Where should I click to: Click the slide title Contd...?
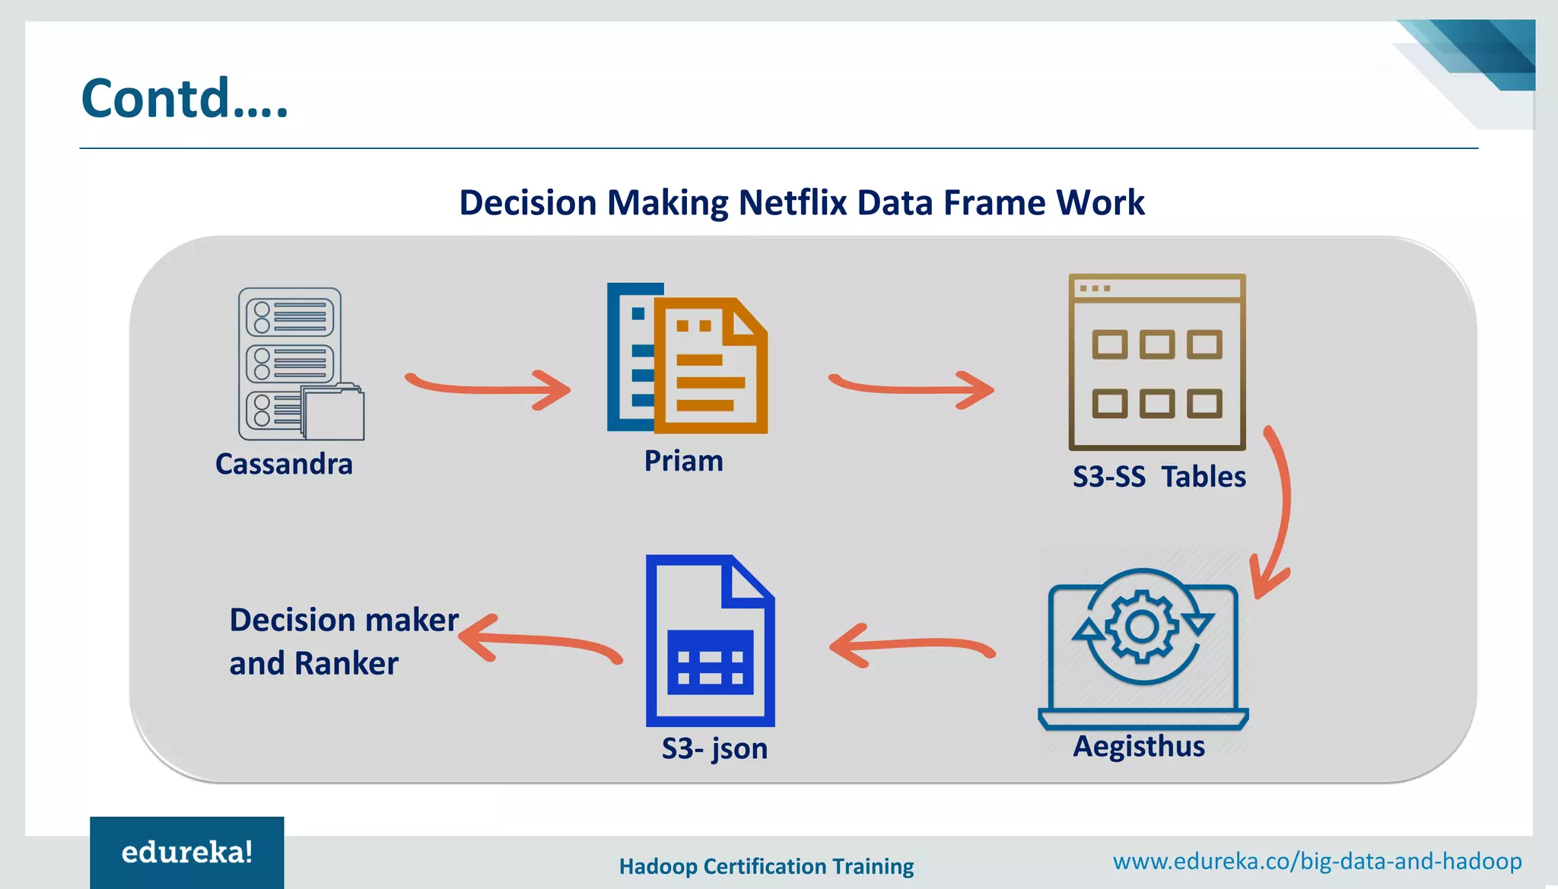(x=184, y=99)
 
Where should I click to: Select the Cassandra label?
(x=284, y=464)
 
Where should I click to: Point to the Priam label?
(x=683, y=461)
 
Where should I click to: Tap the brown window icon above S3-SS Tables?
(x=1156, y=362)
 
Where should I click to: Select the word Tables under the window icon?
(x=1203, y=477)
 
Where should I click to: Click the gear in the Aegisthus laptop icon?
(x=1142, y=627)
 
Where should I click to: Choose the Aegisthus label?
(x=1139, y=746)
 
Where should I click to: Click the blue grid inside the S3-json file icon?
(x=710, y=662)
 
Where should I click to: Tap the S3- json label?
(x=714, y=748)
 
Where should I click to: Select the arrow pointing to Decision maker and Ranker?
(x=540, y=639)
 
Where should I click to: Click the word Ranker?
(x=346, y=663)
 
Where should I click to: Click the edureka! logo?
(x=187, y=852)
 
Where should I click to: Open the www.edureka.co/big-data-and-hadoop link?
(x=1317, y=861)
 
